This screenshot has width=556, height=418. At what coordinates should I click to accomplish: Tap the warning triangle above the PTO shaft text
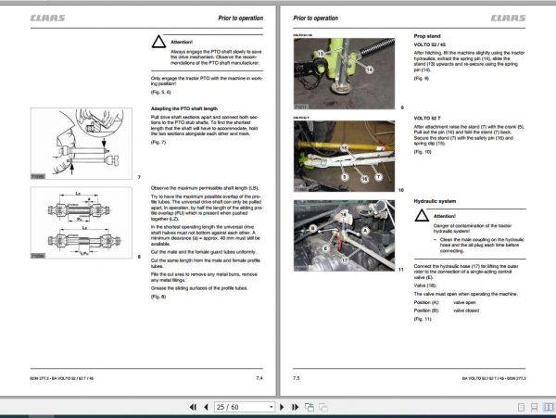tap(158, 43)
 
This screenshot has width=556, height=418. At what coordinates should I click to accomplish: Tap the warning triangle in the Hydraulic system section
tap(421, 215)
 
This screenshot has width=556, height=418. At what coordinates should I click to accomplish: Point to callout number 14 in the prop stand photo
tap(369, 69)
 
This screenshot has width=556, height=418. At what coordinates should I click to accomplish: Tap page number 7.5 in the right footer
tap(297, 378)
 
